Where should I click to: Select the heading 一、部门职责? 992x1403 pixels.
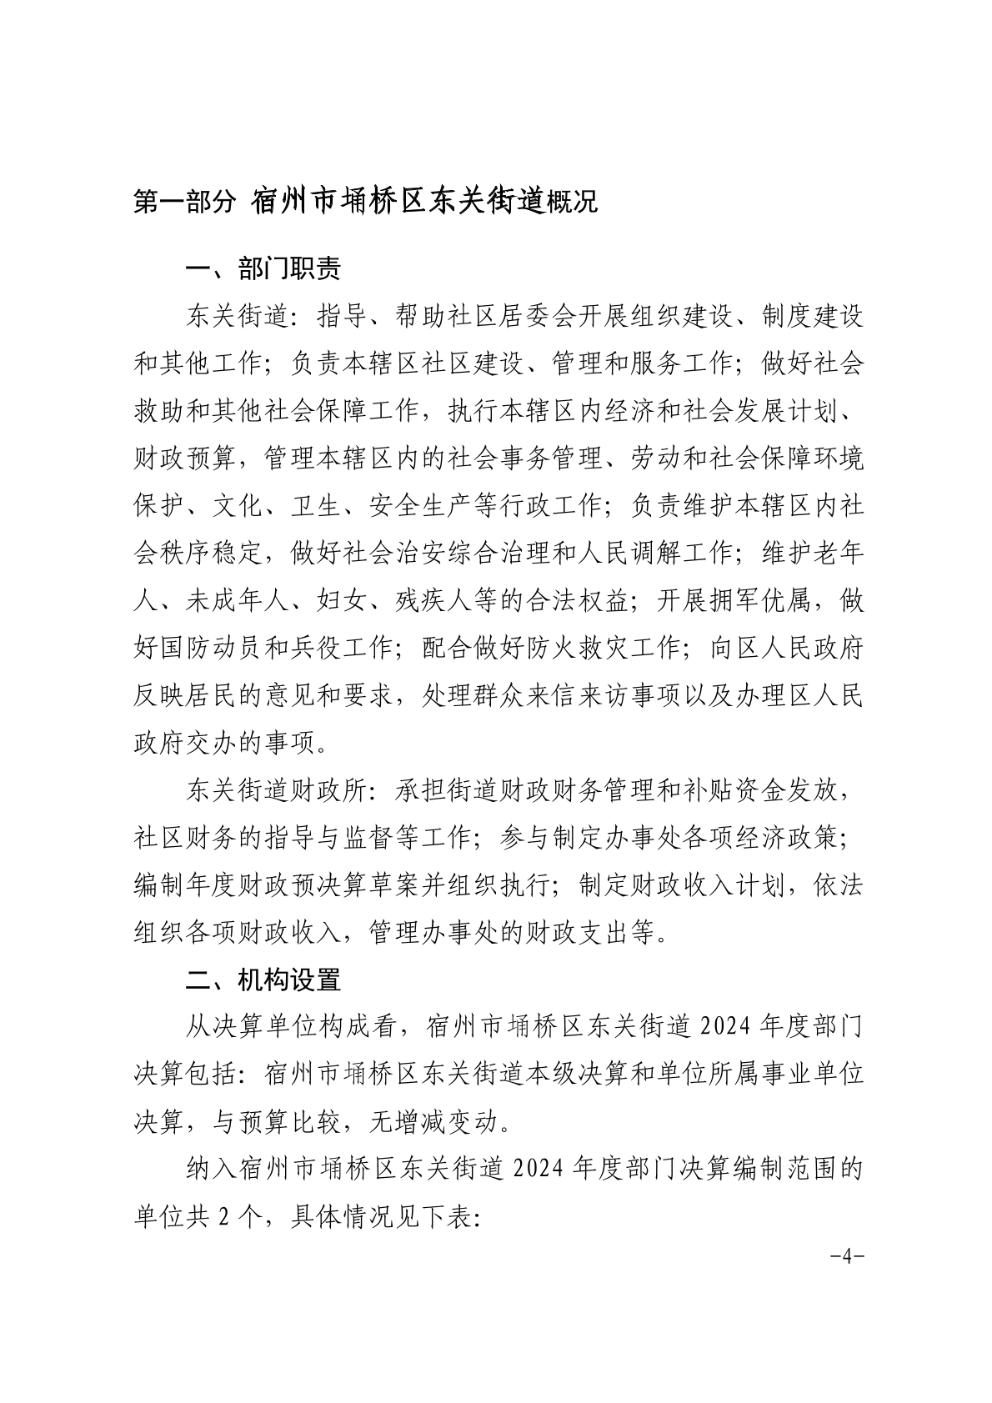point(263,268)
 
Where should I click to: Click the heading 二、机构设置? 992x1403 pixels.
point(263,980)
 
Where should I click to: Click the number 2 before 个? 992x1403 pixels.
point(223,1218)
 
